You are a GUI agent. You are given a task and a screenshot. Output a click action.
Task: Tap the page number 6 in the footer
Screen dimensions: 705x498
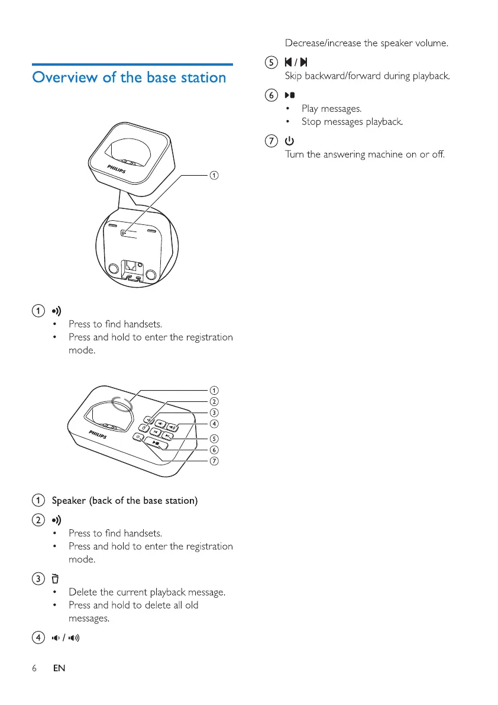coord(34,668)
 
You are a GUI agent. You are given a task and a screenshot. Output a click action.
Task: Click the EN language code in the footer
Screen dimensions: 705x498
coord(59,668)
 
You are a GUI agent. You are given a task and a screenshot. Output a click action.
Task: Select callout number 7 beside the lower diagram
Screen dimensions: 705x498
coord(215,462)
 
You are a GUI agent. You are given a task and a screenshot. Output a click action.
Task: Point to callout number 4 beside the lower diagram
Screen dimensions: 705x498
coord(215,424)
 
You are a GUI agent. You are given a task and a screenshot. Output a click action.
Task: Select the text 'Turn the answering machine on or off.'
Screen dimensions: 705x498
coord(364,154)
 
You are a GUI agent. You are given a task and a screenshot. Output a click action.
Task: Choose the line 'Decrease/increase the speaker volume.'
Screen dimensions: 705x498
coord(367,43)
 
